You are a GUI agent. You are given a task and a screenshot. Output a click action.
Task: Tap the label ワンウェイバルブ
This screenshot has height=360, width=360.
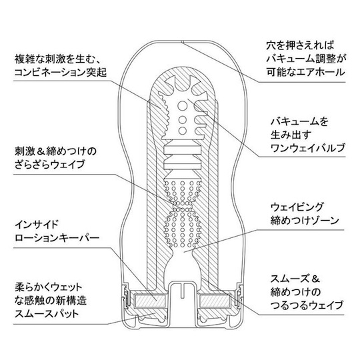pyautogui.click(x=308, y=148)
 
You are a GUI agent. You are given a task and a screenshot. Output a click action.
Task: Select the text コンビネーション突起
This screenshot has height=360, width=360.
pyautogui.click(x=61, y=73)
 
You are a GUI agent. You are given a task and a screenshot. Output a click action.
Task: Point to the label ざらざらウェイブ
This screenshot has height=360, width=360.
pyautogui.click(x=50, y=165)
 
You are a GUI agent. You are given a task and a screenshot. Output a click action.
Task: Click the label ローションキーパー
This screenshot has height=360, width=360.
pyautogui.click(x=57, y=237)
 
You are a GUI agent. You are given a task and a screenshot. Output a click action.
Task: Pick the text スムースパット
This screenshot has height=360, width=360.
pyautogui.click(x=47, y=313)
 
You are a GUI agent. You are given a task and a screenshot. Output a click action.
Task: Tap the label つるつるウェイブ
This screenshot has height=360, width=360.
pyautogui.click(x=307, y=305)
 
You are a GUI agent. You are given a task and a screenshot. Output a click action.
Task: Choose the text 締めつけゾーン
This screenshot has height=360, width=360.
pyautogui.click(x=305, y=221)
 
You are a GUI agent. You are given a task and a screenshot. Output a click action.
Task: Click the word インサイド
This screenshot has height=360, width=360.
pyautogui.click(x=37, y=224)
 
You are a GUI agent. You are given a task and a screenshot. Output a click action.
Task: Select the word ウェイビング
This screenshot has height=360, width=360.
pyautogui.click(x=297, y=207)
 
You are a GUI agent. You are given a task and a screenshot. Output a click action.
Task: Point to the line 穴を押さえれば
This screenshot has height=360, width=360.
pyautogui.click(x=300, y=45)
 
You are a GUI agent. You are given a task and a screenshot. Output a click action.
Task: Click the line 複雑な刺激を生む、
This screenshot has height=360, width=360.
pyautogui.click(x=57, y=59)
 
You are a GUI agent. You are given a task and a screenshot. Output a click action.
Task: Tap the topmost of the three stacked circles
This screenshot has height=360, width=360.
pyautogui.click(x=183, y=106)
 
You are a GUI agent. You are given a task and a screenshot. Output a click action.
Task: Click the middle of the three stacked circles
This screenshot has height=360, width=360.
pyautogui.click(x=183, y=119)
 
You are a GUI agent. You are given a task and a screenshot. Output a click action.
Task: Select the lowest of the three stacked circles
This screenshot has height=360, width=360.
pyautogui.click(x=183, y=131)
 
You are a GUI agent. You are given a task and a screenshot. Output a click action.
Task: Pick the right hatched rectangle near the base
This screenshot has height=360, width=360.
pyautogui.click(x=215, y=301)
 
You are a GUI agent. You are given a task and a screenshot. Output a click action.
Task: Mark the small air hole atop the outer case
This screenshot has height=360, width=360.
pyautogui.click(x=182, y=42)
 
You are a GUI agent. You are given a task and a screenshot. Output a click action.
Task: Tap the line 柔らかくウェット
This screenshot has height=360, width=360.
pyautogui.click(x=49, y=287)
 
